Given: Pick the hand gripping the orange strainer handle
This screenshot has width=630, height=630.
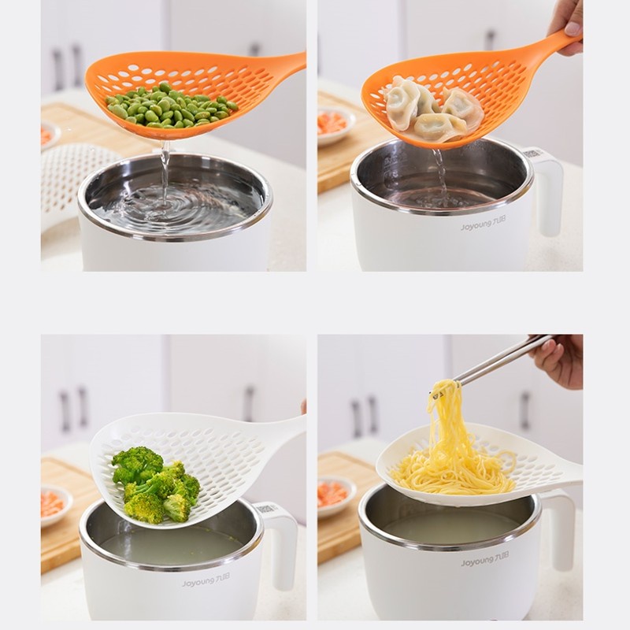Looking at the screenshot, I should [x=567, y=24].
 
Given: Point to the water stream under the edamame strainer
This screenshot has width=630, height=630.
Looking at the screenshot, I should [x=165, y=173].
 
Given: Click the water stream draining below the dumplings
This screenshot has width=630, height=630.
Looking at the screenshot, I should [x=439, y=169].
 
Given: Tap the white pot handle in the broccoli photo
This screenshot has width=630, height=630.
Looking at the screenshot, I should [x=282, y=543].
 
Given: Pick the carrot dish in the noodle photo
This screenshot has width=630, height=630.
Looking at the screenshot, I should [x=334, y=494].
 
